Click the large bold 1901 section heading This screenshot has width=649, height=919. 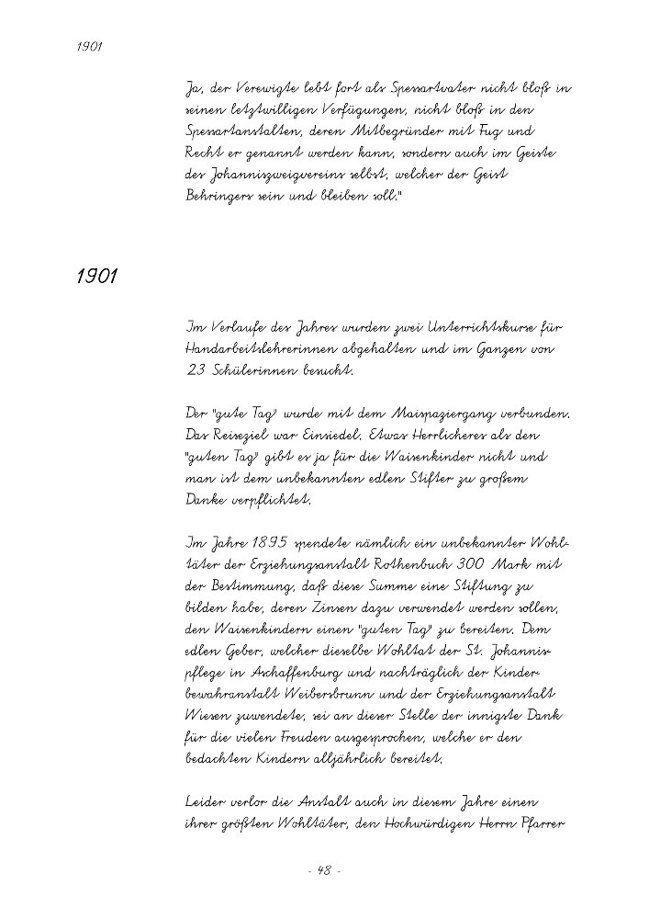coord(96,277)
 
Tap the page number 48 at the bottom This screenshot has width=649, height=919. coord(324,871)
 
